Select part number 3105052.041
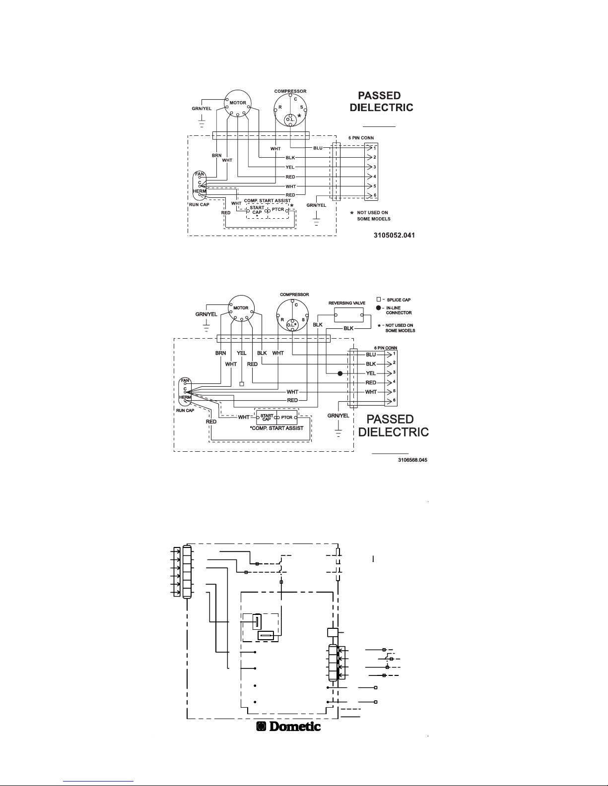[394, 235]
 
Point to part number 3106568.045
[412, 460]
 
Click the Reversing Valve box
[349, 315]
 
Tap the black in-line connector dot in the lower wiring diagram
[340, 373]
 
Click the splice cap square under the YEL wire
[242, 384]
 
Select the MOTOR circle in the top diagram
[237, 103]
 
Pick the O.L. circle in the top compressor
[290, 120]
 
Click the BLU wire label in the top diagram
[318, 148]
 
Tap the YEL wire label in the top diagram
[290, 167]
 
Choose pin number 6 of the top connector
[375, 195]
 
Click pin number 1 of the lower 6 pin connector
[394, 354]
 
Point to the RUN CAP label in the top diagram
[199, 205]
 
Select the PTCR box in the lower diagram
[287, 418]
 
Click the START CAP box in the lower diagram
[267, 418]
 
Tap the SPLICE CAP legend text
[399, 300]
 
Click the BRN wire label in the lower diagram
[220, 353]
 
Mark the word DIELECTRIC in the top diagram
[382, 108]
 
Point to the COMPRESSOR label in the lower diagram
[294, 295]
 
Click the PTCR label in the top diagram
[278, 209]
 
